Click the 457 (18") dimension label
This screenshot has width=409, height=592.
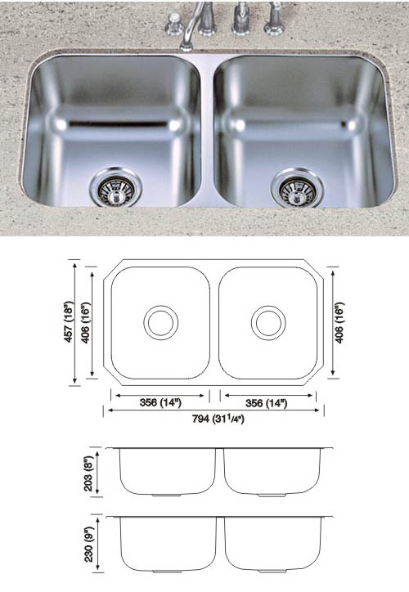pos(74,322)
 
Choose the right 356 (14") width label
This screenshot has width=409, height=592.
pos(268,401)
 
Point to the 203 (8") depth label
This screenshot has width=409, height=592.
pos(102,472)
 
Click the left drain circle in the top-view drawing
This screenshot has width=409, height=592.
pos(160,322)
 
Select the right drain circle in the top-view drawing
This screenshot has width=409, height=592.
pos(267,322)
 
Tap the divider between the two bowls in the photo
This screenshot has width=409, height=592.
pos(207,131)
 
